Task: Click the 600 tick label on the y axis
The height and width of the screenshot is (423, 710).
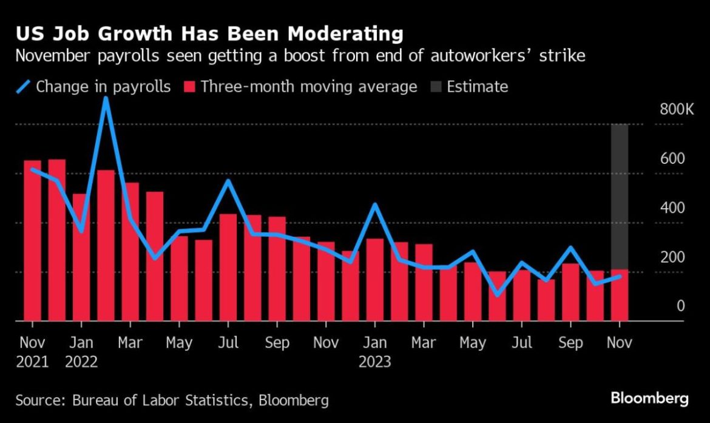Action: pos(672,159)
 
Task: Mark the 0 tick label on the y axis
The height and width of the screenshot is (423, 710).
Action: pos(680,306)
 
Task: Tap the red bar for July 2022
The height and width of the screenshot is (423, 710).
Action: pos(228,267)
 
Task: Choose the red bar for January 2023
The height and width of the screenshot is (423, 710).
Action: pos(375,279)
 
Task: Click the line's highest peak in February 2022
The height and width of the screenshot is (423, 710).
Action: pos(106,98)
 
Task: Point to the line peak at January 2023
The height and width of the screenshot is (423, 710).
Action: pos(375,205)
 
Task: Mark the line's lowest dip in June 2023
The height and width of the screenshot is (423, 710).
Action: pos(498,294)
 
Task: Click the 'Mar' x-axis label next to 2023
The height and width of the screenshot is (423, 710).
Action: pos(424,343)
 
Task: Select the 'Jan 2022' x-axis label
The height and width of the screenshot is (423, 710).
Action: pos(81,352)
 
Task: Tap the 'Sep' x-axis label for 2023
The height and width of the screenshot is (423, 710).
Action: pos(570,343)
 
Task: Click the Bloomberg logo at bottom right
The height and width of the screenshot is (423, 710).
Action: pos(649,399)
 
